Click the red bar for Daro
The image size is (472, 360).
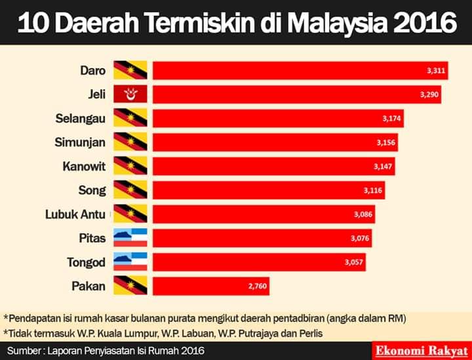point(300,70)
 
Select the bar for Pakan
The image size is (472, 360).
point(211,286)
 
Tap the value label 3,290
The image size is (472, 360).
point(429,94)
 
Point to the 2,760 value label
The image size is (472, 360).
point(258,286)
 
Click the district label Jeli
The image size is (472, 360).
point(96,94)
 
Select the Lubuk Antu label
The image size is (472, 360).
point(75,214)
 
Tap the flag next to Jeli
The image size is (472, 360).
point(130,94)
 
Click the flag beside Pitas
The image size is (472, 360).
point(130,237)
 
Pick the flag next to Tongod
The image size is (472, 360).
point(130,262)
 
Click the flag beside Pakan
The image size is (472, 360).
point(130,285)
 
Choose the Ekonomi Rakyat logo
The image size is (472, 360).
point(422,351)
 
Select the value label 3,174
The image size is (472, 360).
point(391,118)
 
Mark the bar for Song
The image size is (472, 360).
point(269,190)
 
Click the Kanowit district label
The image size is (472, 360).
point(85,167)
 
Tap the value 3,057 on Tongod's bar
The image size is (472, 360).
point(354,262)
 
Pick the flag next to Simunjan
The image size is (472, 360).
point(130,142)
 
